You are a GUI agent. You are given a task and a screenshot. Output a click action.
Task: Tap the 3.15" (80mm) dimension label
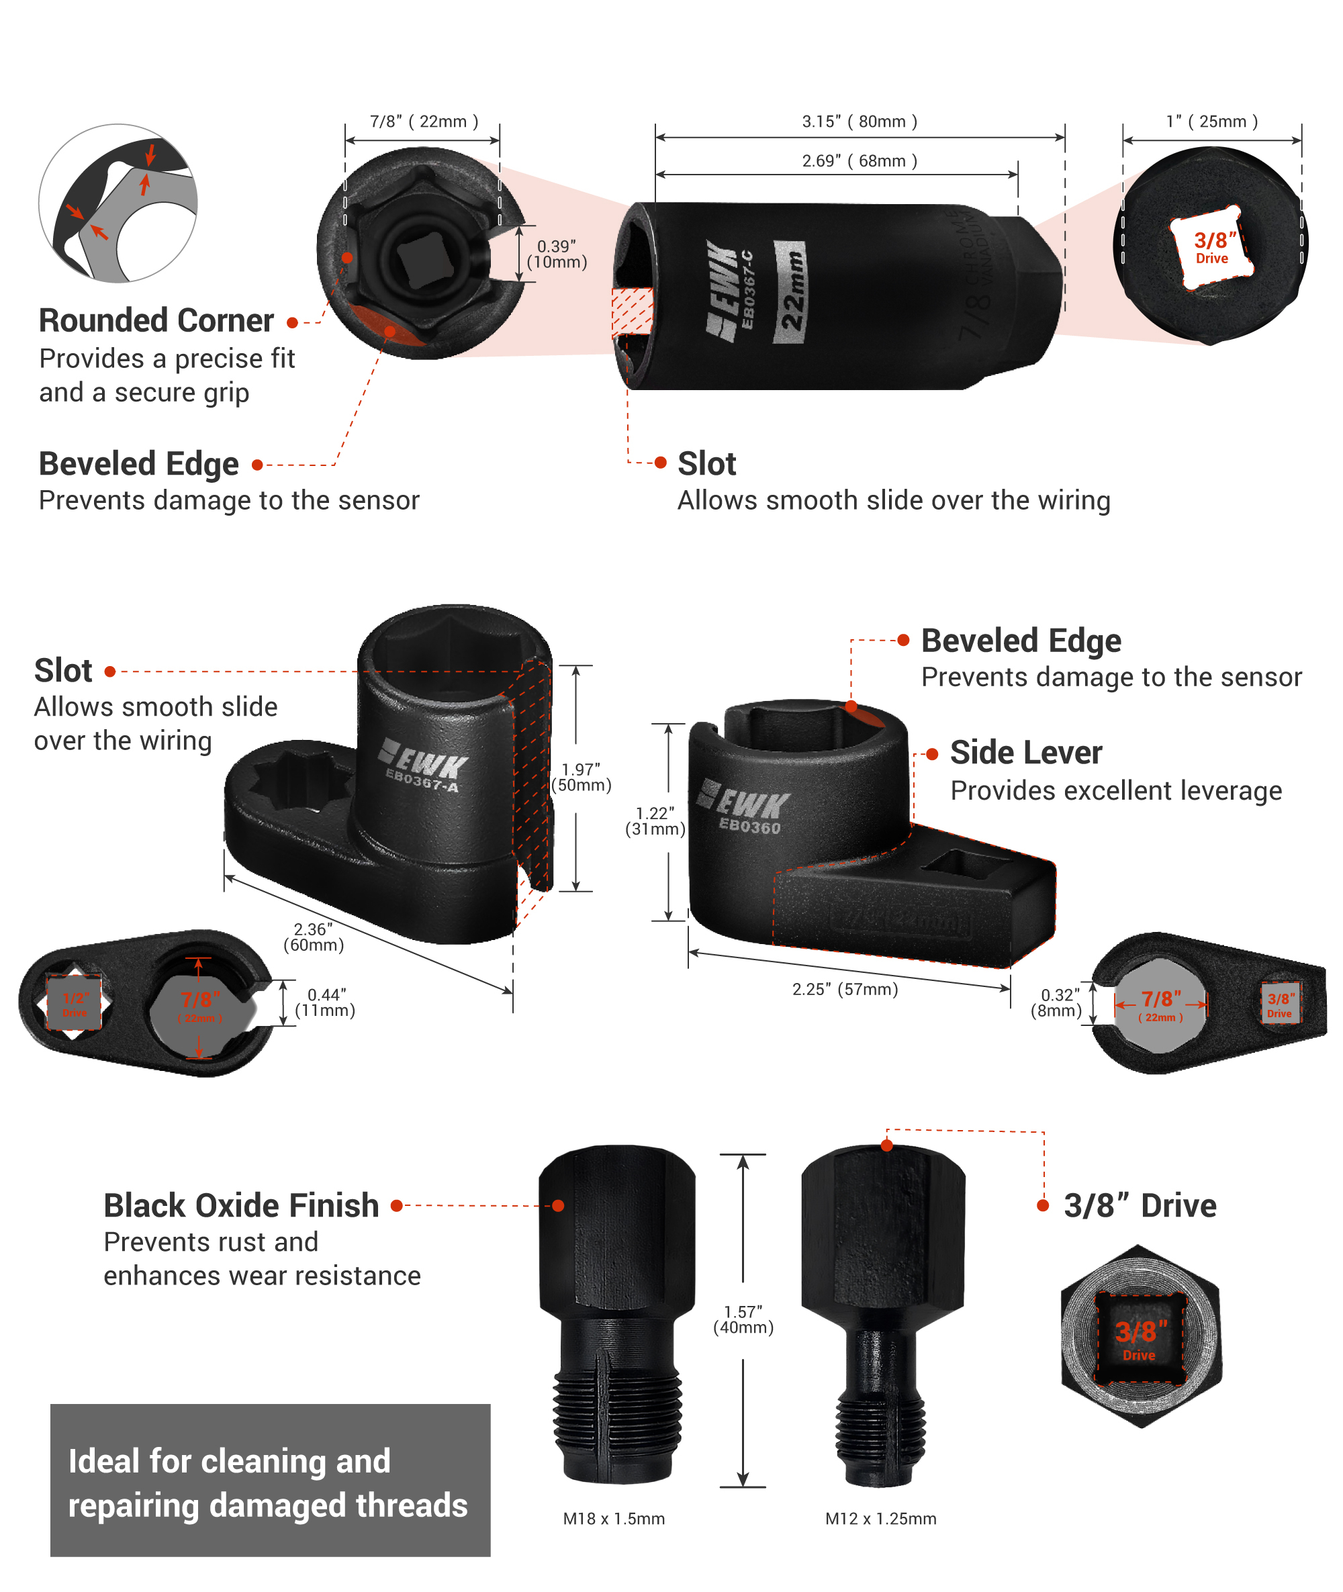pyautogui.click(x=859, y=122)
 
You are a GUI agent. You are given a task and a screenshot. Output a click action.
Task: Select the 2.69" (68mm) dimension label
pyautogui.click(x=859, y=161)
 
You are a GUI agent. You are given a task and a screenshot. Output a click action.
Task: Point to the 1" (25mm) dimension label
pyautogui.click(x=1211, y=122)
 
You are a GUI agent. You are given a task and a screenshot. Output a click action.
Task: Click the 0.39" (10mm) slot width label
pyautogui.click(x=557, y=254)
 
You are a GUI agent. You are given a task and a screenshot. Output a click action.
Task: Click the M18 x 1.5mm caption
pyautogui.click(x=614, y=1519)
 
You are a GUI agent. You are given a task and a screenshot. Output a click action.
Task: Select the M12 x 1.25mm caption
pyautogui.click(x=880, y=1519)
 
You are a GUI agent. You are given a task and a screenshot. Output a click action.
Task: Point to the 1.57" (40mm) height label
pyautogui.click(x=743, y=1319)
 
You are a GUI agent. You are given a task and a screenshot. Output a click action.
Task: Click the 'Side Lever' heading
pyautogui.click(x=1025, y=753)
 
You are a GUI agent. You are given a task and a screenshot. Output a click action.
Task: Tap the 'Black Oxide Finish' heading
pyautogui.click(x=241, y=1206)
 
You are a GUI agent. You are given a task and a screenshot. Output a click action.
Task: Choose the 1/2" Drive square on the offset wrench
pyautogui.click(x=74, y=1003)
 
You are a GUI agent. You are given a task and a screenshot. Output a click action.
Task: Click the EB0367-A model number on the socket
pyautogui.click(x=422, y=780)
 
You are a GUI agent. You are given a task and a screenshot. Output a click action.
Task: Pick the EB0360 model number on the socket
pyautogui.click(x=750, y=827)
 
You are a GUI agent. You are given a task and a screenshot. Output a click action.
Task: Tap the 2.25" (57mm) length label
pyautogui.click(x=845, y=989)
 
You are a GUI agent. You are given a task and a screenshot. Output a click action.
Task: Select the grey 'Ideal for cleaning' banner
pyautogui.click(x=270, y=1480)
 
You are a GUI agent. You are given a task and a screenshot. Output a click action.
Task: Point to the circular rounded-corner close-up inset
pyautogui.click(x=118, y=203)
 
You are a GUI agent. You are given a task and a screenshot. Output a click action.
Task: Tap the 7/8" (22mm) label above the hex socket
pyautogui.click(x=423, y=122)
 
